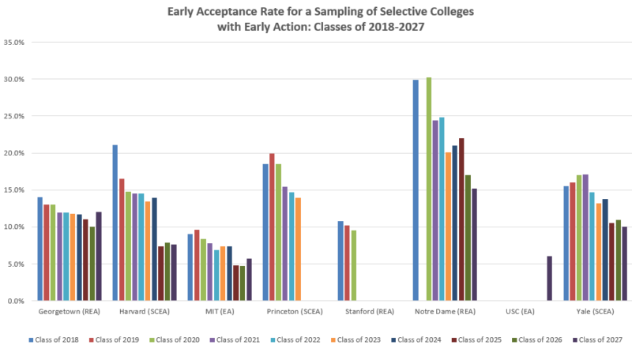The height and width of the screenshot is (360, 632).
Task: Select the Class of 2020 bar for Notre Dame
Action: [429, 189]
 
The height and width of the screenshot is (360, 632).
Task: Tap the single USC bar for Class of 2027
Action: [549, 278]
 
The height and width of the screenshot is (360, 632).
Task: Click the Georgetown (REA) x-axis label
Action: [70, 313]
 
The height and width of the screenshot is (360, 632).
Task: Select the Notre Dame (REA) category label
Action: [445, 313]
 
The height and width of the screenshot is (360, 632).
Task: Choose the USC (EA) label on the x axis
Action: [520, 313]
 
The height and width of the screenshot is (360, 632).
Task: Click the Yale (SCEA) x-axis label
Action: [595, 313]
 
